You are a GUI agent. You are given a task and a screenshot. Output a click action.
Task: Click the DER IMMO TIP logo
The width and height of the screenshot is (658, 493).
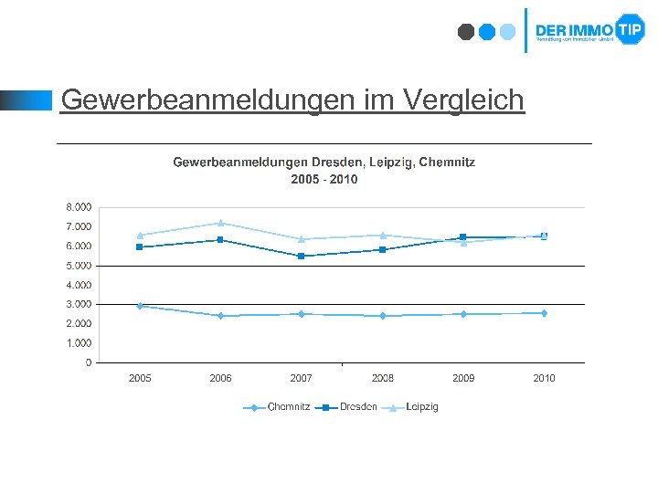click(x=589, y=30)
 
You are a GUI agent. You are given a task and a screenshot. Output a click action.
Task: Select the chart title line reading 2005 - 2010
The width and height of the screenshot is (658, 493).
click(x=324, y=179)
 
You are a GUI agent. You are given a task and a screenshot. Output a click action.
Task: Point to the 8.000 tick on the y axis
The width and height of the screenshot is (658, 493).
click(x=78, y=206)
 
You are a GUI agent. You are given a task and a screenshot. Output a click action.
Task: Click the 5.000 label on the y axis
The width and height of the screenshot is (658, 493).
click(x=78, y=266)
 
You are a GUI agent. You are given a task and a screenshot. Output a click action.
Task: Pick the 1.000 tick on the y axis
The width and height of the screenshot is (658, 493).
click(x=78, y=343)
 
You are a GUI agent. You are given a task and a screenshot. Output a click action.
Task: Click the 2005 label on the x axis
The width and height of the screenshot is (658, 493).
click(x=140, y=378)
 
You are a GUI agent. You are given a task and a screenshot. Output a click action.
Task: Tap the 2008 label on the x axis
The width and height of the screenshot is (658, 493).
click(x=383, y=378)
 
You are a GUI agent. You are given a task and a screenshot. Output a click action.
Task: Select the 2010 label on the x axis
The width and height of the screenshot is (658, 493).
click(x=544, y=378)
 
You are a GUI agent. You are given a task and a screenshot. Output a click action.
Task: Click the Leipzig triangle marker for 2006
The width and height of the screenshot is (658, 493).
click(x=220, y=223)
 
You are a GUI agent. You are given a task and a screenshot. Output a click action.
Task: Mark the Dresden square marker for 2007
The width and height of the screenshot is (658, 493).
click(x=302, y=257)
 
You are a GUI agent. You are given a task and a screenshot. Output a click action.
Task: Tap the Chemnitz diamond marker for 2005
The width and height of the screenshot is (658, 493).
click(x=140, y=306)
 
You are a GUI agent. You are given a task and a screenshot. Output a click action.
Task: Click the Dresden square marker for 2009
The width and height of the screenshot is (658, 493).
click(x=463, y=237)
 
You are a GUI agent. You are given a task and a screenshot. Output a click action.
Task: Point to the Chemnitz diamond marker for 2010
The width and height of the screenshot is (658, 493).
click(x=544, y=313)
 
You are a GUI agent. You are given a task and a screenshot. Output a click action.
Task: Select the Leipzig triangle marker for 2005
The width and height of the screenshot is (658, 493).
click(x=140, y=235)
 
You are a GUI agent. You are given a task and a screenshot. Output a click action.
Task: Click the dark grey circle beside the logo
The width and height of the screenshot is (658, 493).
click(x=466, y=32)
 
